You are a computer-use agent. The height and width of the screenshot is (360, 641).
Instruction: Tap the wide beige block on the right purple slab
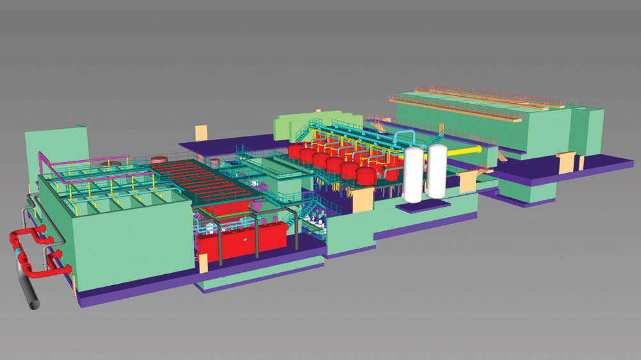[x=567, y=163]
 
